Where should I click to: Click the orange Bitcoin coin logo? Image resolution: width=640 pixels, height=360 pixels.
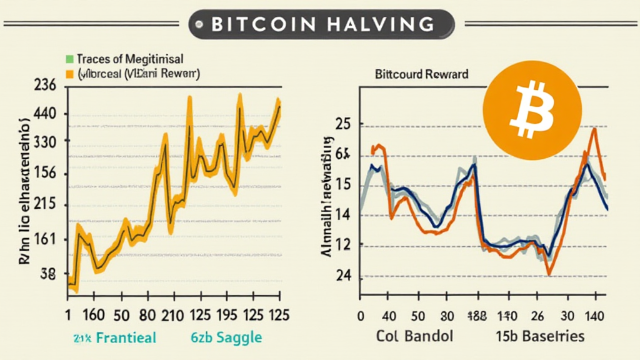[x=532, y=108]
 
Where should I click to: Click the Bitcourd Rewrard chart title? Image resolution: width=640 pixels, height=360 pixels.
[x=421, y=74]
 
